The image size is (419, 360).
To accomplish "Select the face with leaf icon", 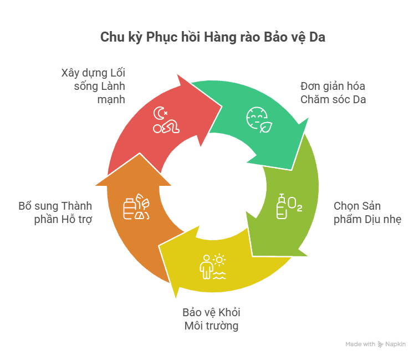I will coord(256,119).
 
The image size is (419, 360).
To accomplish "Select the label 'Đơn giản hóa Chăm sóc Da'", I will coord(333,93).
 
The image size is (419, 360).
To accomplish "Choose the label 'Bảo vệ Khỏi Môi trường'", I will coord(212,318).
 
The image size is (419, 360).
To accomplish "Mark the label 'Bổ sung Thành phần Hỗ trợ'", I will coord(55,212).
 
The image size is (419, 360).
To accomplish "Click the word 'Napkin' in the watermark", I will coord(395,344).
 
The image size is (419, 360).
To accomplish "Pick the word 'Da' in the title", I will coord(318,37).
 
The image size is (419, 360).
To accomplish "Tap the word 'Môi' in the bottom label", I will coord(195,326).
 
